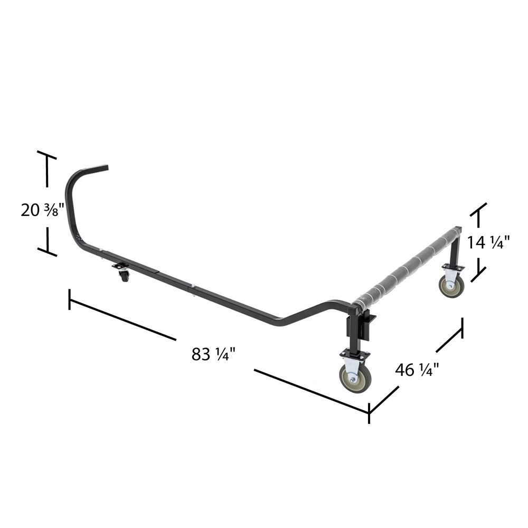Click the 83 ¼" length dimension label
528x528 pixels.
point(213,354)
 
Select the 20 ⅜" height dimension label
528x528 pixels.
point(42,210)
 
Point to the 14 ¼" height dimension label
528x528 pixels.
point(488,242)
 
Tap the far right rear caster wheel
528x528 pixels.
point(452,286)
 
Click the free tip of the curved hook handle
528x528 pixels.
point(106,168)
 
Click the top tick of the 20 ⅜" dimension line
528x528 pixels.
point(46,155)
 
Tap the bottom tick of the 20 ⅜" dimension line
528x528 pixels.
point(47,252)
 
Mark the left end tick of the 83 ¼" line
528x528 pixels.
point(69,299)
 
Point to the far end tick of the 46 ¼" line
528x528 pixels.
point(463,327)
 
